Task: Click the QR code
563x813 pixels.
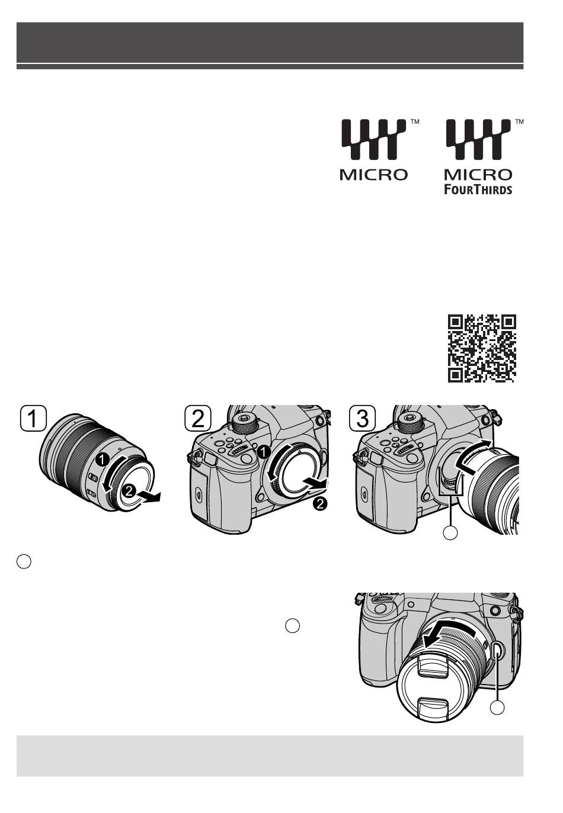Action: pyautogui.click(x=482, y=348)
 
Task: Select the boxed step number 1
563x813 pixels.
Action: pyautogui.click(x=33, y=419)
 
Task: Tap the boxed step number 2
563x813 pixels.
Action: pyautogui.click(x=198, y=419)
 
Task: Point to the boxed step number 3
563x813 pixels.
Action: pyautogui.click(x=363, y=419)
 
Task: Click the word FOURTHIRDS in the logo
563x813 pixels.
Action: pyautogui.click(x=478, y=189)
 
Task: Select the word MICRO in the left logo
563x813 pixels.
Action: pyautogui.click(x=374, y=175)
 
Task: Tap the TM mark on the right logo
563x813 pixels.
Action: pyautogui.click(x=519, y=122)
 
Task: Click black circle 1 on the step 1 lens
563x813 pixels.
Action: pyautogui.click(x=103, y=459)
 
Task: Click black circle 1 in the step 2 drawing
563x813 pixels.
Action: pyautogui.click(x=263, y=452)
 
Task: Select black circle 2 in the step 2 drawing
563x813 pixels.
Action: pyautogui.click(x=321, y=504)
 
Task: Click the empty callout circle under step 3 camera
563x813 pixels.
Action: pyautogui.click(x=450, y=532)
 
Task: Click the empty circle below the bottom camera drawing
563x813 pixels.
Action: pyautogui.click(x=497, y=708)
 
